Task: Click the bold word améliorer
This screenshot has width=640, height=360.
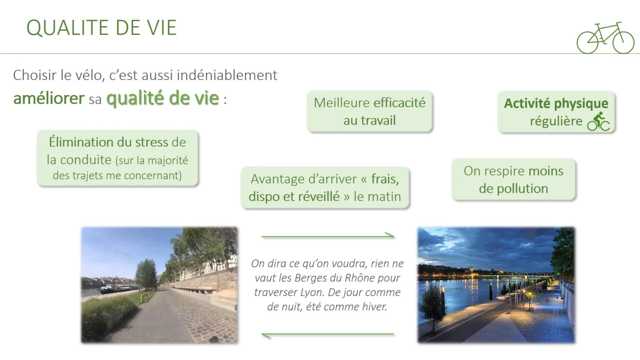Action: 49,98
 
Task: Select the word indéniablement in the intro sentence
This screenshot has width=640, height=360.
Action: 227,75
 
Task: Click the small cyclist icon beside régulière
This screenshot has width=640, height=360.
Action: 598,122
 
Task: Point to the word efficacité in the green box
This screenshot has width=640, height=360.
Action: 400,103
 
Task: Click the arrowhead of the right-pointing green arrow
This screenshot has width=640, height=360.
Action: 390,236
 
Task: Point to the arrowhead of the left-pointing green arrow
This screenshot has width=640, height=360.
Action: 266,335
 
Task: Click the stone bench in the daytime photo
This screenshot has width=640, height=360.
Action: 200,290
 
